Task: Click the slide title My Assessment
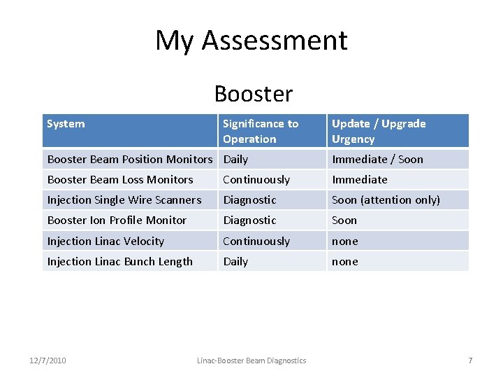[251, 41]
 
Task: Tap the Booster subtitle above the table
[254, 93]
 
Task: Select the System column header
[66, 124]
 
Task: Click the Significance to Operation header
[260, 131]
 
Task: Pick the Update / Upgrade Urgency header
[378, 131]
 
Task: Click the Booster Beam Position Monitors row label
[129, 159]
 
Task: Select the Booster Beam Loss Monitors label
[120, 179]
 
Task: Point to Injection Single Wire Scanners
[124, 199]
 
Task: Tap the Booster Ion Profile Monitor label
[117, 220]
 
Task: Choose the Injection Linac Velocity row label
[105, 241]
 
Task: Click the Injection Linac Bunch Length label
[119, 261]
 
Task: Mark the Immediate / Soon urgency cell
[377, 159]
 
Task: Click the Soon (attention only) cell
[386, 199]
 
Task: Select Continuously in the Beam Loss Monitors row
[256, 179]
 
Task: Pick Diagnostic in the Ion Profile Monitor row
[249, 220]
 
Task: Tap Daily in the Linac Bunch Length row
[235, 261]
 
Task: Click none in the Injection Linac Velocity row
[344, 241]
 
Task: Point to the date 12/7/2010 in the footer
[48, 360]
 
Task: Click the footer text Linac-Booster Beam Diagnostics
[251, 360]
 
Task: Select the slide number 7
[470, 360]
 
